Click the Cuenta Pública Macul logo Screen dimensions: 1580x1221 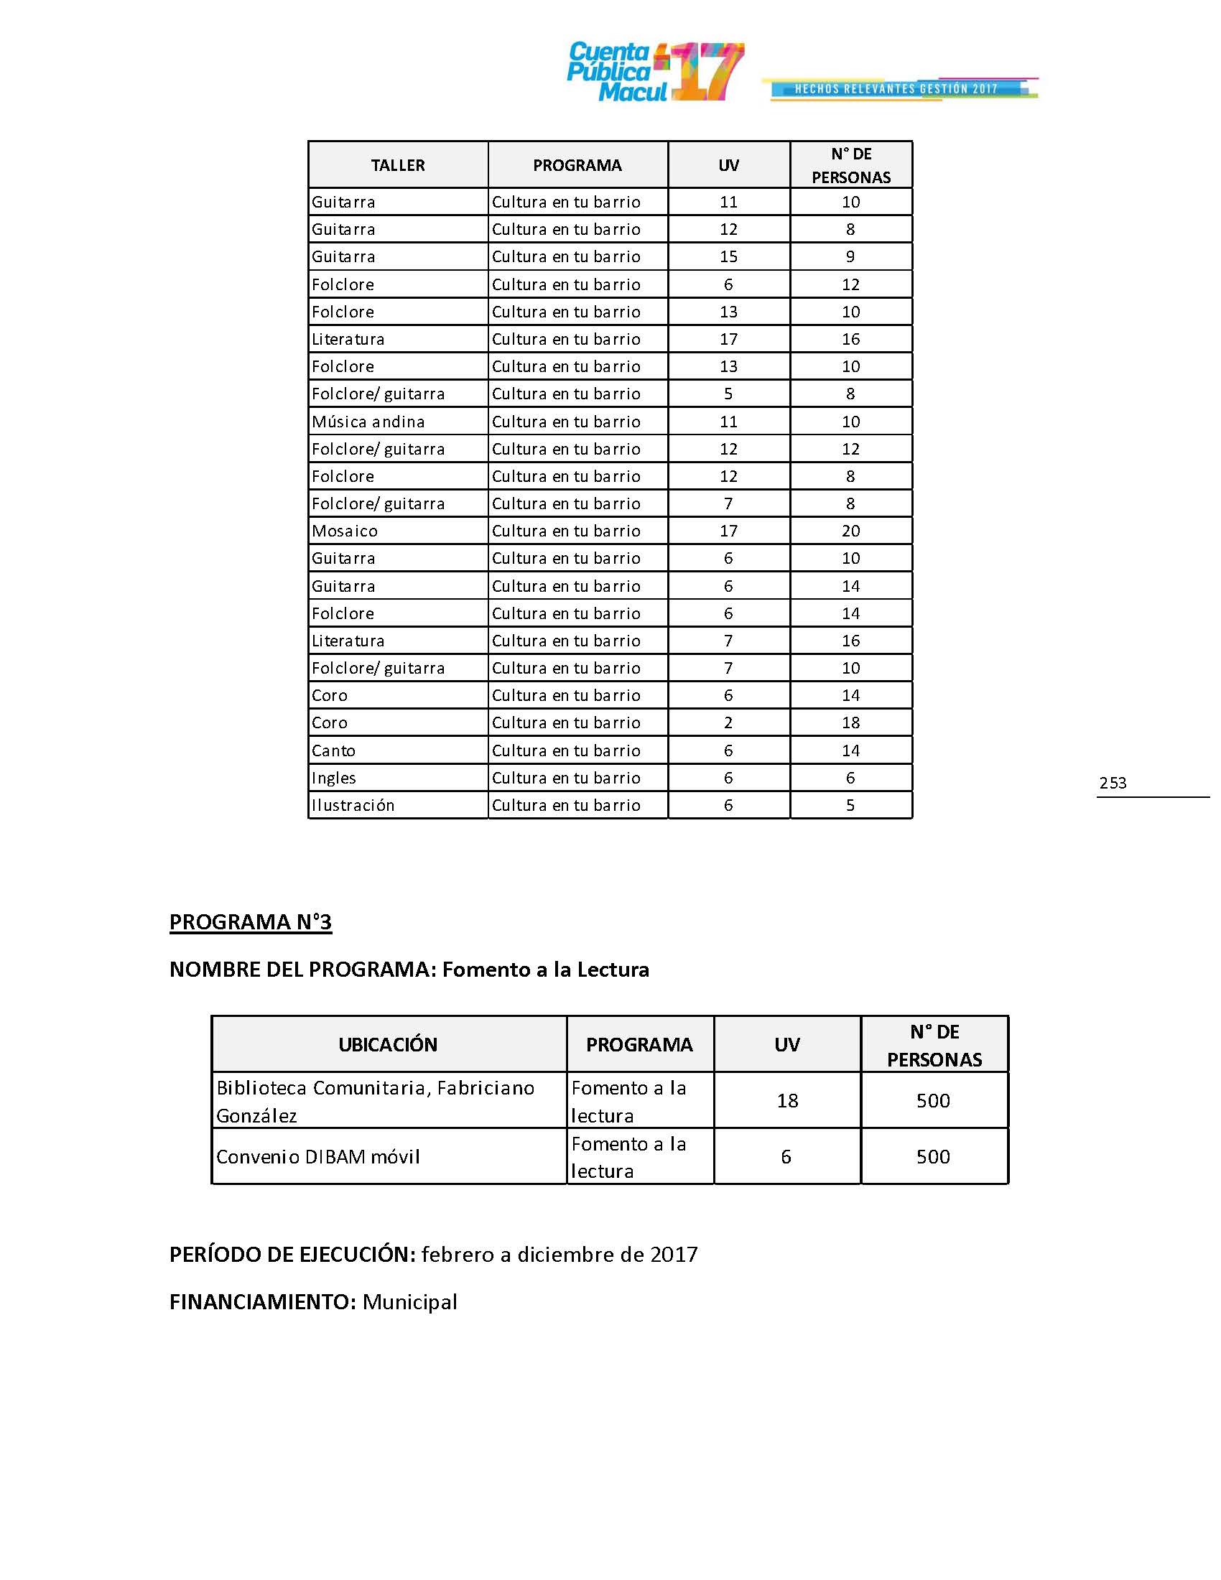[654, 73]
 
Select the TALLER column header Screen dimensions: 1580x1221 [397, 166]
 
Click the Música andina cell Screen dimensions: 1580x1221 [368, 422]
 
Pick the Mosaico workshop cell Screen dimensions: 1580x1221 [344, 531]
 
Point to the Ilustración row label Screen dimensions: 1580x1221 [353, 805]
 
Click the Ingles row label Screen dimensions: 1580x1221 [333, 778]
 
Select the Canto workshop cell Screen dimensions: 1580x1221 [333, 750]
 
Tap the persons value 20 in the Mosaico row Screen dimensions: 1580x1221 [850, 531]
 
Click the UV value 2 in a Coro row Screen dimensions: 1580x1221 [728, 722]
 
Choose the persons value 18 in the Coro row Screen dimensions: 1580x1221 [850, 722]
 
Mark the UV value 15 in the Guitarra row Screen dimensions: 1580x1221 [728, 257]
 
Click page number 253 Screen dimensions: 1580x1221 [1113, 783]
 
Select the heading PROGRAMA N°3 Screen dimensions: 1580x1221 [250, 921]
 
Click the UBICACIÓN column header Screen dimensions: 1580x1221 [388, 1044]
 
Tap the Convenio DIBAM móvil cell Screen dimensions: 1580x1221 [318, 1156]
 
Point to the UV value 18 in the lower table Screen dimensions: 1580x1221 [787, 1100]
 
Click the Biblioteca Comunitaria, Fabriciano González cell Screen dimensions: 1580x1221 [376, 1100]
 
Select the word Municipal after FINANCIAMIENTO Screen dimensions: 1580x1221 [409, 1301]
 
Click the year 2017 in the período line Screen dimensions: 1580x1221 [674, 1254]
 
